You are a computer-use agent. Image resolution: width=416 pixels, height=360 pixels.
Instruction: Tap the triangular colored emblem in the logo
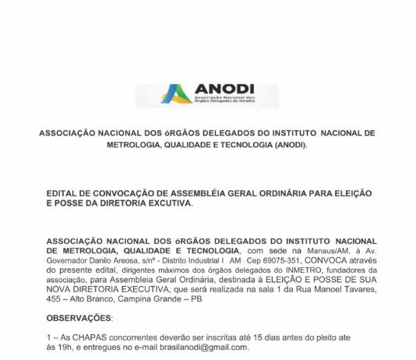tap(176, 94)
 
